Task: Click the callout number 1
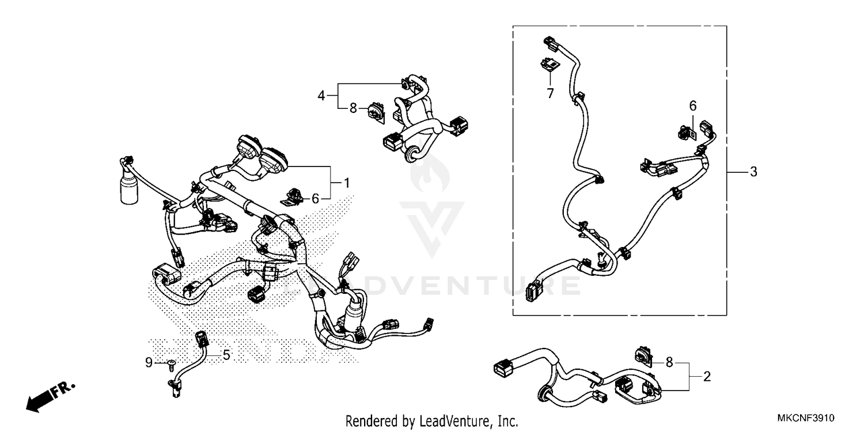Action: pyautogui.click(x=347, y=183)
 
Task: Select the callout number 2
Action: pyautogui.click(x=707, y=377)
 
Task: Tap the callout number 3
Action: pyautogui.click(x=753, y=172)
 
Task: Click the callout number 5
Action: pyautogui.click(x=226, y=355)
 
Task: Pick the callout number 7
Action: pyautogui.click(x=550, y=93)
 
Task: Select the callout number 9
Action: pyautogui.click(x=149, y=362)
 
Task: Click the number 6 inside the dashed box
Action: pyautogui.click(x=693, y=105)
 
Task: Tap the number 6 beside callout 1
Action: pyautogui.click(x=315, y=199)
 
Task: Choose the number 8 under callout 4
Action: pyautogui.click(x=353, y=107)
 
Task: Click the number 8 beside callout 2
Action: pyautogui.click(x=669, y=362)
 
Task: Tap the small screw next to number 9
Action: pyautogui.click(x=171, y=362)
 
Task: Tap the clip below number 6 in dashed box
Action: pyautogui.click(x=685, y=132)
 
